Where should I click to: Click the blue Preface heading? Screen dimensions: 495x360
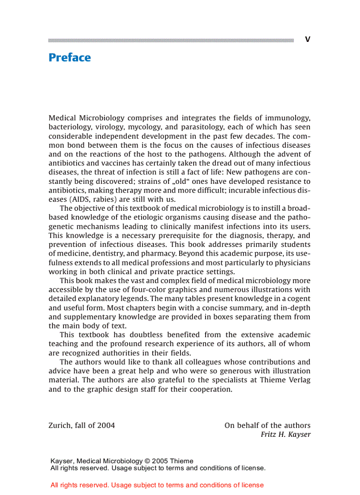click(x=70, y=58)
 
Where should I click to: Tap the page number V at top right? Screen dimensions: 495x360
click(x=307, y=40)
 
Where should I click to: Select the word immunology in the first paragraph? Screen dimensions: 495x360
click(x=289, y=118)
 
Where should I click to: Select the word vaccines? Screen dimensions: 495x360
click(x=98, y=163)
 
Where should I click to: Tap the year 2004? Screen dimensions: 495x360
click(x=106, y=425)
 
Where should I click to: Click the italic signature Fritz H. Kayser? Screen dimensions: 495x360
click(x=285, y=435)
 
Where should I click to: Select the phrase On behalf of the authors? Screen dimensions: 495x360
click(x=267, y=425)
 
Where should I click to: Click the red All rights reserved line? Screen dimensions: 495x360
click(x=157, y=485)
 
